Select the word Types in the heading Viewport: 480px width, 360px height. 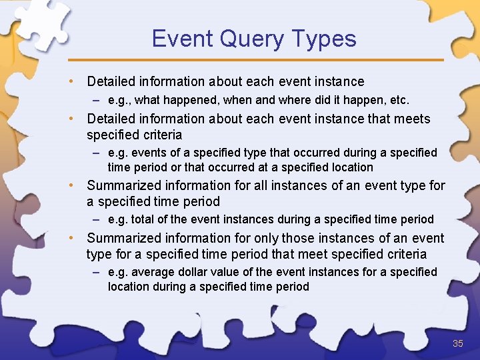coord(327,39)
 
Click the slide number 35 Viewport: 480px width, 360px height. coord(457,343)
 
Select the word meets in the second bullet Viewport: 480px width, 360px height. coord(413,119)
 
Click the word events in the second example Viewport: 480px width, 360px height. coord(152,153)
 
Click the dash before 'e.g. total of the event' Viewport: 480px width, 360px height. coord(97,219)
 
